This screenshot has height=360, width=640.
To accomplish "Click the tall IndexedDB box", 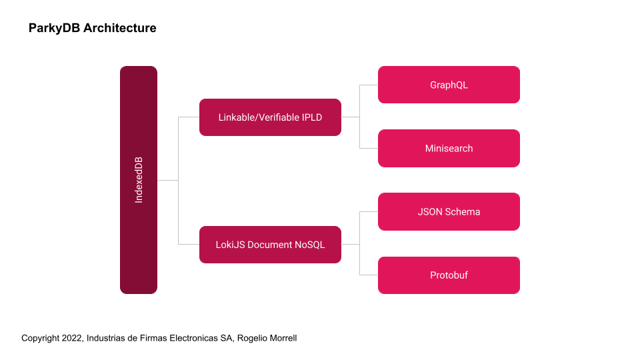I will tap(139, 180).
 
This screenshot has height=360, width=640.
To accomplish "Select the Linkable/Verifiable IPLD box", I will tap(270, 117).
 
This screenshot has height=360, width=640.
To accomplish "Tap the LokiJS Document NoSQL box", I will tap(270, 245).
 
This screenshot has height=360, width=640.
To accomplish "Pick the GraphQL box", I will tap(449, 85).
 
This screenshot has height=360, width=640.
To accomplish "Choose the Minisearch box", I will tap(449, 148).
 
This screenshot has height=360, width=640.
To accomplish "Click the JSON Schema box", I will tap(449, 211).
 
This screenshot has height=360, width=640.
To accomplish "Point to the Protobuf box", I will tap(449, 275).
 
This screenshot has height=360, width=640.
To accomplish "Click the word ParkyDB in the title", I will tap(54, 28).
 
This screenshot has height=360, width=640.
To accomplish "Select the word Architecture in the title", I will tap(120, 28).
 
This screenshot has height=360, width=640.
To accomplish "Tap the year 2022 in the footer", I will tap(72, 338).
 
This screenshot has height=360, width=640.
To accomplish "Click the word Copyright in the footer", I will tap(40, 338).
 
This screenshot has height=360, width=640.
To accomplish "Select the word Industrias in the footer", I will tap(108, 338).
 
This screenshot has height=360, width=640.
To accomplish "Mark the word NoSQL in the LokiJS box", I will tap(310, 245).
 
